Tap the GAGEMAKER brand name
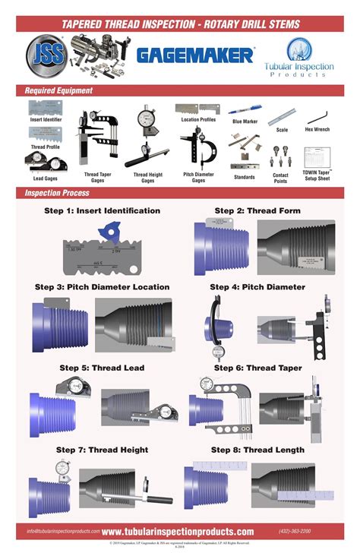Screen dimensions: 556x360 (x=195, y=55)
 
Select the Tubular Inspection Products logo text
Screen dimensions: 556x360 (x=299, y=70)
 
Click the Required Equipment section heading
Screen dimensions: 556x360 (x=59, y=90)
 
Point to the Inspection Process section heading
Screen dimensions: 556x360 (x=58, y=194)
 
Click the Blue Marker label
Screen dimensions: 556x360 (x=245, y=122)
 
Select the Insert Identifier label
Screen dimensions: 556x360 (x=47, y=119)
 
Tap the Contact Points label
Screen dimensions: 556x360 (x=280, y=178)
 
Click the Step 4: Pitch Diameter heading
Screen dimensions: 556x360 (x=257, y=287)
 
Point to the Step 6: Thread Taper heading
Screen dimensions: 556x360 (x=257, y=368)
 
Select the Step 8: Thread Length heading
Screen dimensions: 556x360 (x=257, y=450)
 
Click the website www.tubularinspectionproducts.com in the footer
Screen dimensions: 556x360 (x=178, y=532)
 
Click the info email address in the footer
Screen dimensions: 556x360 (x=63, y=532)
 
